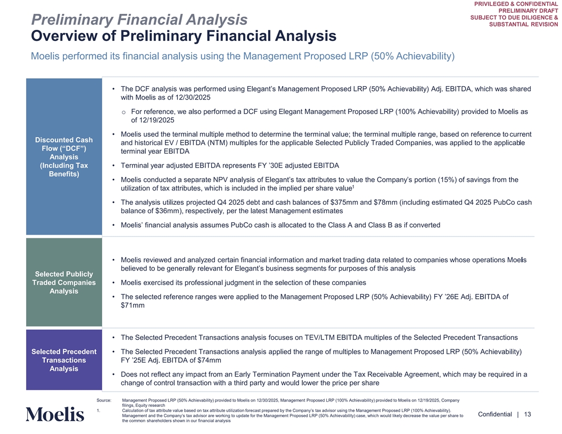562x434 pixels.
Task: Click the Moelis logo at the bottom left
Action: [55, 414]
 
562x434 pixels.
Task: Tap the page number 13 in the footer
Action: [527, 414]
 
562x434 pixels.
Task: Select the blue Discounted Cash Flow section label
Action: [64, 157]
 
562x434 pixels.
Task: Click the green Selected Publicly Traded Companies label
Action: [64, 282]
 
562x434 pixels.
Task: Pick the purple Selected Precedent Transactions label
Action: [64, 360]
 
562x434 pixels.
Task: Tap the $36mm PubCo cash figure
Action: [161, 211]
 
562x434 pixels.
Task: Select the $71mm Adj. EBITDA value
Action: [133, 305]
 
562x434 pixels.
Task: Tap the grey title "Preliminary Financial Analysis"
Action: [139, 20]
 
